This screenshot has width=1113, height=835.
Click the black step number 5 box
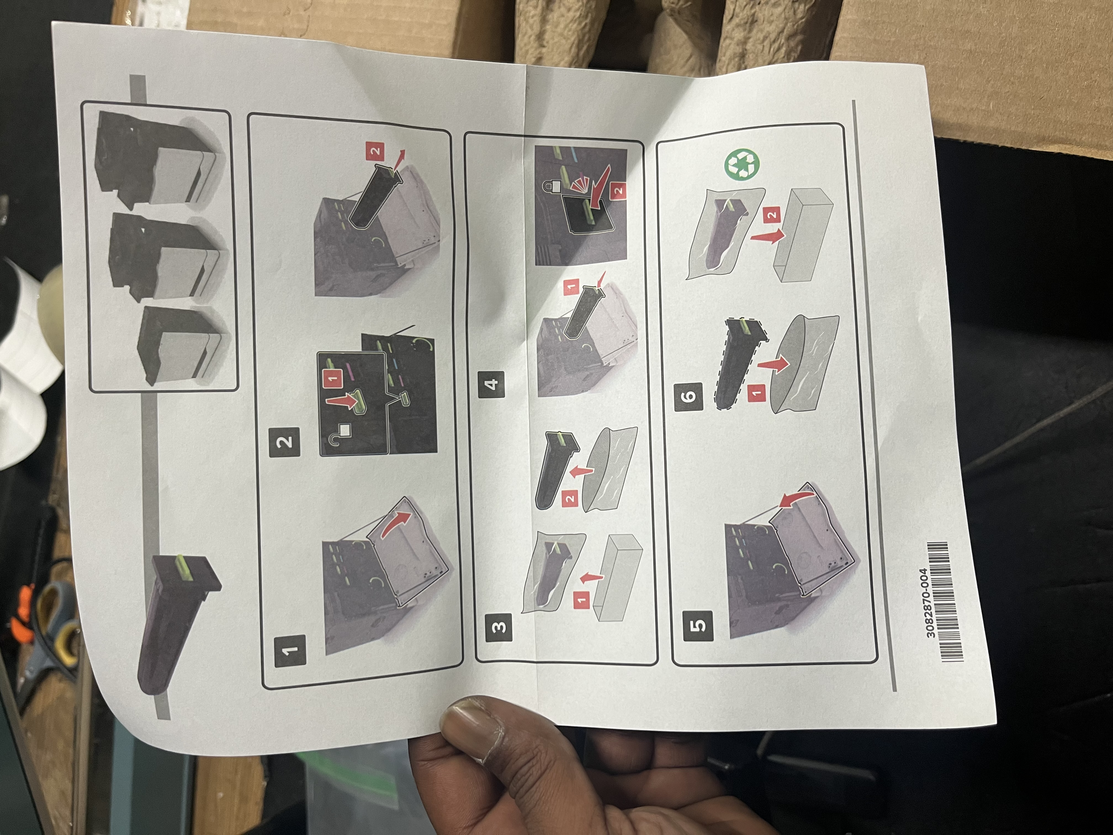(699, 625)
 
